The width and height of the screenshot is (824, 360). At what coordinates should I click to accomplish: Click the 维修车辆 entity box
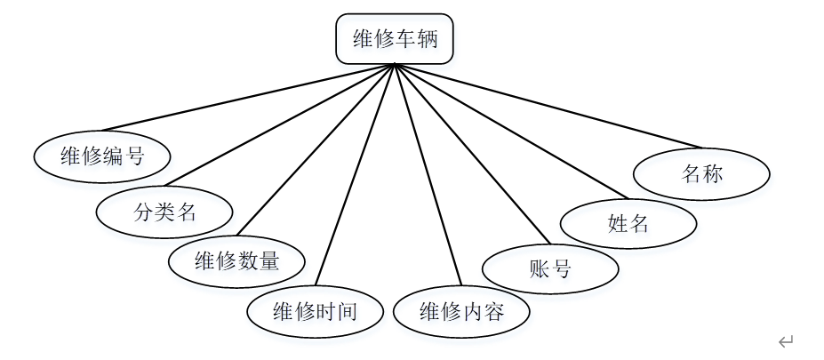[395, 40]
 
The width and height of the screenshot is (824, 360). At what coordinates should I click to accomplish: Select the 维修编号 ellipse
[102, 157]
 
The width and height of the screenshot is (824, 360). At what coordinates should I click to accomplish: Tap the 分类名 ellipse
[164, 212]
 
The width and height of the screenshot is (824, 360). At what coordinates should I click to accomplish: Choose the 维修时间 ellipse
[315, 312]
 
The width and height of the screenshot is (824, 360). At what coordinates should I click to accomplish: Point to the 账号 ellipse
[549, 269]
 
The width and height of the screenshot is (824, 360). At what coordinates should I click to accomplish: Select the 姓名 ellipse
[628, 223]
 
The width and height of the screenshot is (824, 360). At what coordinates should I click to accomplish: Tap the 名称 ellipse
[701, 174]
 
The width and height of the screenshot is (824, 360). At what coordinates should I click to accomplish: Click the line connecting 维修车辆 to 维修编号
[249, 97]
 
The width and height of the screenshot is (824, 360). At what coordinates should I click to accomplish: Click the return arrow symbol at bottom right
[785, 341]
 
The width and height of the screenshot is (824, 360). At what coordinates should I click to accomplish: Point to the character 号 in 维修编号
[134, 157]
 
